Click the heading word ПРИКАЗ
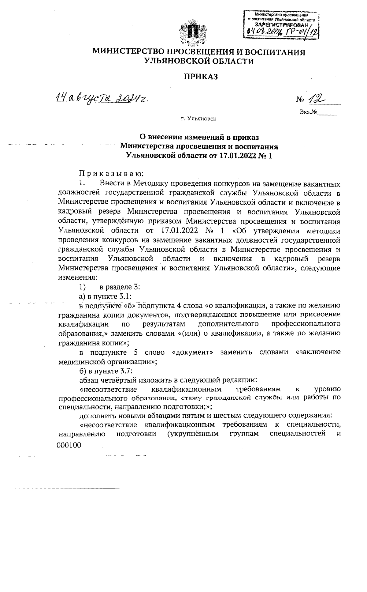[x=200, y=77]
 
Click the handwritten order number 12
[x=317, y=99]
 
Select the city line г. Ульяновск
[x=198, y=119]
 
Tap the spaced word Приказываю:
[x=111, y=174]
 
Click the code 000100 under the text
[x=69, y=445]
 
